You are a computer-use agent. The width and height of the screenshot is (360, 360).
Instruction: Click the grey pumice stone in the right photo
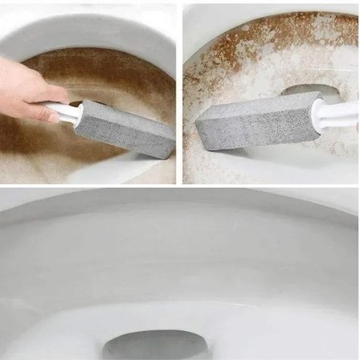(x=249, y=129)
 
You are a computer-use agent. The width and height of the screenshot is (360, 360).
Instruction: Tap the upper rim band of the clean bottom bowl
(x=180, y=213)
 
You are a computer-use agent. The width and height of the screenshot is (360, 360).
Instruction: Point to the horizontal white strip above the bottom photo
(x=180, y=187)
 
